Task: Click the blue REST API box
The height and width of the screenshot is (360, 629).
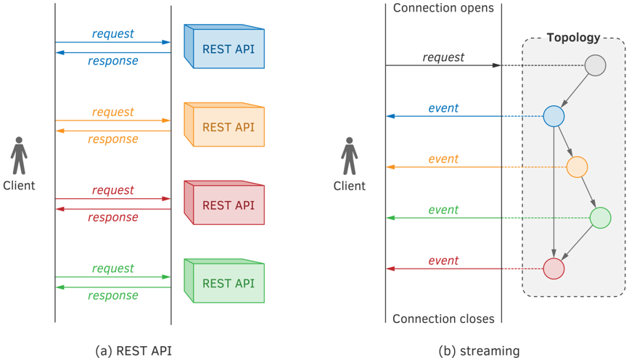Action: click(x=224, y=46)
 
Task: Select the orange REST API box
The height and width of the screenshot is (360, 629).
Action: click(x=224, y=125)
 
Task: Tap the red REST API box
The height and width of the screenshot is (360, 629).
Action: click(x=224, y=202)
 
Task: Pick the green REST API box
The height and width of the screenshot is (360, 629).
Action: click(x=224, y=281)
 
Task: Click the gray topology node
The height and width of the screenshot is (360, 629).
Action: click(x=596, y=65)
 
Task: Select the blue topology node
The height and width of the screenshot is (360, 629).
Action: click(x=554, y=116)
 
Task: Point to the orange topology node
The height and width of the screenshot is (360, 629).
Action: click(x=577, y=167)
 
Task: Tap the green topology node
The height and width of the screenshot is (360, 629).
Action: click(x=601, y=218)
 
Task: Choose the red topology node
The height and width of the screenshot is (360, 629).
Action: click(x=554, y=269)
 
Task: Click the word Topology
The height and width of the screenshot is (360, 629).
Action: click(x=574, y=38)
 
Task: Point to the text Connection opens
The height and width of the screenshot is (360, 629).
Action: click(x=443, y=8)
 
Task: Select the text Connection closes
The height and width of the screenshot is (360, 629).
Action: click(x=443, y=319)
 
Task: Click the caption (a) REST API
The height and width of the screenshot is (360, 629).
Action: click(x=133, y=351)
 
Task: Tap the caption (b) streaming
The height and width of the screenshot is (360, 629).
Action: click(x=479, y=351)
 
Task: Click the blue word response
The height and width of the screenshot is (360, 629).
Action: click(x=113, y=60)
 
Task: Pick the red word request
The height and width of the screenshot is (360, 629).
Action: click(x=113, y=190)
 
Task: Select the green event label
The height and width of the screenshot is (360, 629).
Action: click(x=443, y=210)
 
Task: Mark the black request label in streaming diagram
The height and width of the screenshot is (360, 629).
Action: click(x=443, y=57)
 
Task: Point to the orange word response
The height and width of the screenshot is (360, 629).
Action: click(x=113, y=139)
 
